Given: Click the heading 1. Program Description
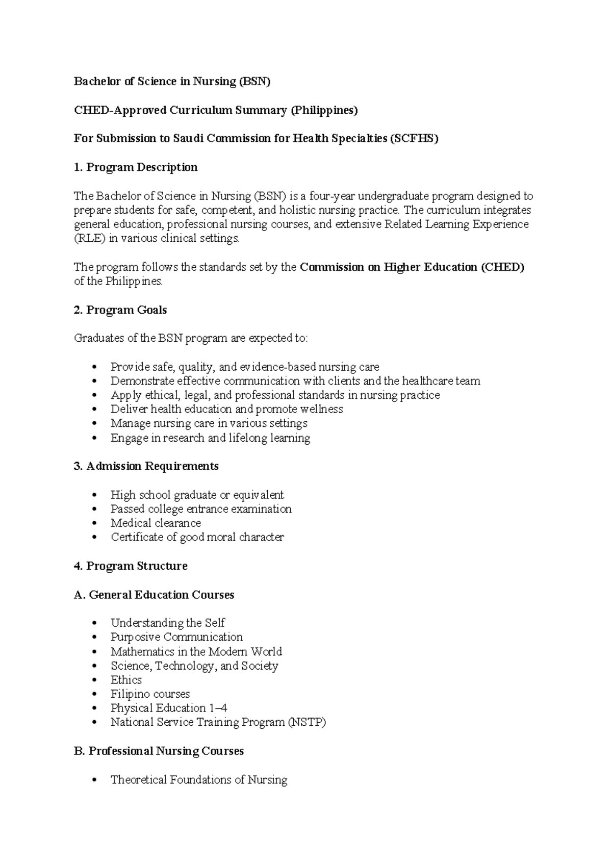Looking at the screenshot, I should tap(136, 167).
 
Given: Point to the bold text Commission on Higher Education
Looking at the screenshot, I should tap(389, 267).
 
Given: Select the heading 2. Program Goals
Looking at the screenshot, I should tap(120, 310).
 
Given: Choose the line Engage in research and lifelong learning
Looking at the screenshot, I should tap(210, 438).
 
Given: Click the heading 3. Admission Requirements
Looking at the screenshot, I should tap(146, 466).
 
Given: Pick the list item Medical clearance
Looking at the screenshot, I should tap(156, 523).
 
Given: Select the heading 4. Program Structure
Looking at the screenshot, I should tap(131, 566).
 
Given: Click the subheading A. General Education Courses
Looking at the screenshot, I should tap(154, 595).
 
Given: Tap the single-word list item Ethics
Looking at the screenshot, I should tap(126, 680).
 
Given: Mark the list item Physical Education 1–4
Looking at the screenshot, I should tap(169, 708).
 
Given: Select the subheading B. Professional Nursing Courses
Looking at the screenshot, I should tap(159, 751).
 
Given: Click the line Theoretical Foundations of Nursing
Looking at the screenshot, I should tap(199, 780).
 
